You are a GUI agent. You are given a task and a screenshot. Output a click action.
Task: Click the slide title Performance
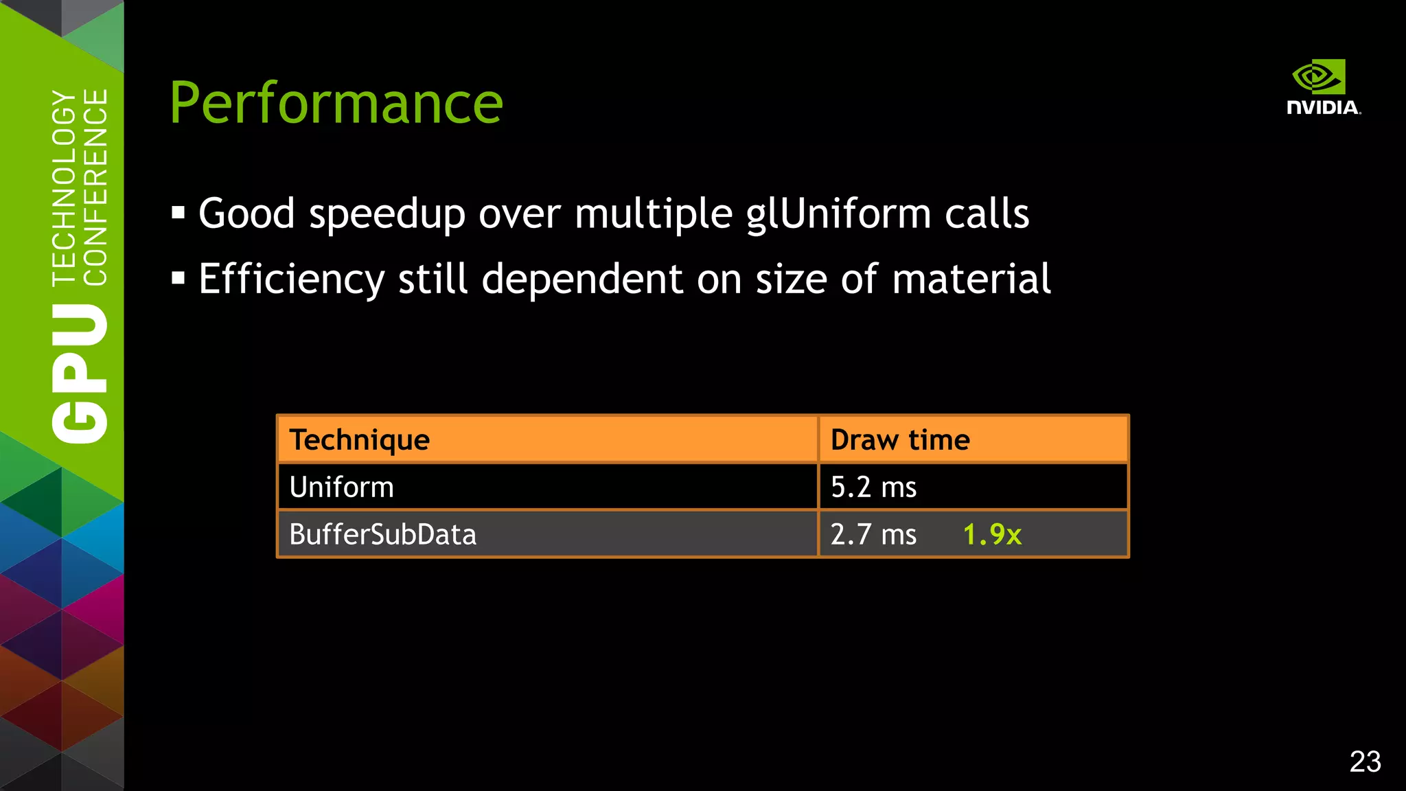[x=336, y=103]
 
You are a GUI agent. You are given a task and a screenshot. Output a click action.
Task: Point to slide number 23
[x=1365, y=761]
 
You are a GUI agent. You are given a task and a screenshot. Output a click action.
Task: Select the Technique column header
[x=360, y=439]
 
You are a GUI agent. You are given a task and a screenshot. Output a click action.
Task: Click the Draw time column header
[x=900, y=439]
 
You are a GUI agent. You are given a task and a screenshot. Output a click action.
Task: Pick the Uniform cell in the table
[x=342, y=488]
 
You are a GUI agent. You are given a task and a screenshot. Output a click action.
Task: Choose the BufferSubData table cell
[x=383, y=534]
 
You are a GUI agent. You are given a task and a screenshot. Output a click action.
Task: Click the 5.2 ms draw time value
[x=873, y=488]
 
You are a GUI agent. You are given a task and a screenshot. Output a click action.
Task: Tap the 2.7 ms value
[x=873, y=534]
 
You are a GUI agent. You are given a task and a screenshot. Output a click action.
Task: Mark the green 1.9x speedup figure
[x=992, y=534]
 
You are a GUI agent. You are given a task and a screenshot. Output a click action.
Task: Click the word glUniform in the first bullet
[x=838, y=214]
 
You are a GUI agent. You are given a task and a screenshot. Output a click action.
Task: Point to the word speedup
[x=387, y=215]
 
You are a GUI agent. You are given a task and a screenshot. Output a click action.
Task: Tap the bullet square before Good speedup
[x=178, y=213]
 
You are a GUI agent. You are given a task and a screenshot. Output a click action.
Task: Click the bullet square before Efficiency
[x=178, y=279]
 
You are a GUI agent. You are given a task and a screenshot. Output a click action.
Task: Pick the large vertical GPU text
[x=80, y=374]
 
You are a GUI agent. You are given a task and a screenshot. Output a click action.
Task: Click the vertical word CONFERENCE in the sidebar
[x=95, y=187]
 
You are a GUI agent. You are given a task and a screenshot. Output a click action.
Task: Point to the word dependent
[x=582, y=279]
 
